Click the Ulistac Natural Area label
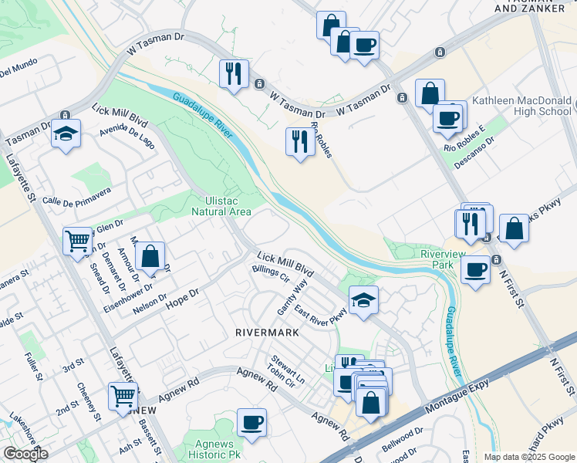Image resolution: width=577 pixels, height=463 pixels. click(x=221, y=205)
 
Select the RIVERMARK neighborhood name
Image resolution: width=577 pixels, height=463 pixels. click(x=266, y=332)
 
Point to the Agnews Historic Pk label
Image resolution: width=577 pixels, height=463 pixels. click(x=208, y=450)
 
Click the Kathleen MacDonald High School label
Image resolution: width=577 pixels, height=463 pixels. click(x=521, y=106)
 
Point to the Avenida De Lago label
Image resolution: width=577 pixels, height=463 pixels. click(x=127, y=138)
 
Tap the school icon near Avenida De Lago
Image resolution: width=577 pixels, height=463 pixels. click(x=66, y=134)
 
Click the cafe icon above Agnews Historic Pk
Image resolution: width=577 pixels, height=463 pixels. click(x=252, y=422)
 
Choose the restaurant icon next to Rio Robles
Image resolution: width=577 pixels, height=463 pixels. click(x=299, y=141)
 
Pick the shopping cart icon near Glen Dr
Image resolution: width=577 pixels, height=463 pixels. click(x=78, y=242)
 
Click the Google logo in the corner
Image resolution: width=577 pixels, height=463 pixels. click(x=25, y=454)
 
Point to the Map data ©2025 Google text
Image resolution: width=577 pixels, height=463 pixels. click(x=528, y=457)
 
